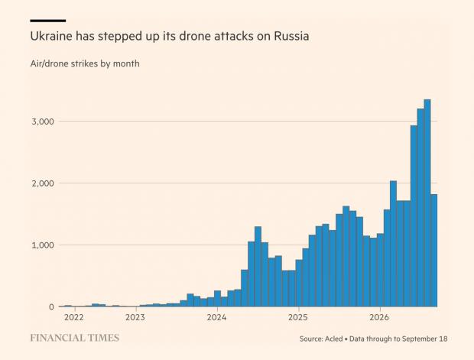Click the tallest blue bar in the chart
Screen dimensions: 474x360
click(427, 203)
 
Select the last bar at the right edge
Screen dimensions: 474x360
click(433, 251)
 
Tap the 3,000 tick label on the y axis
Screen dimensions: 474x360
click(43, 122)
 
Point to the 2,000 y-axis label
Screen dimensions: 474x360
click(43, 183)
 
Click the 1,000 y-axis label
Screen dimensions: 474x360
click(43, 245)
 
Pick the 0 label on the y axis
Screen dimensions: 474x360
click(51, 306)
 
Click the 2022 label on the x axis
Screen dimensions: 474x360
click(73, 317)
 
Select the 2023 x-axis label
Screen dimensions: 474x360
click(135, 317)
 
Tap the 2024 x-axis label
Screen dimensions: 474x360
click(217, 317)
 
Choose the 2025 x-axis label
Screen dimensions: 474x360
click(298, 317)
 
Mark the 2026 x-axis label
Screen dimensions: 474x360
click(380, 317)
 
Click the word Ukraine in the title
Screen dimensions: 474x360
click(51, 36)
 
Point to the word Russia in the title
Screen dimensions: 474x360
click(291, 36)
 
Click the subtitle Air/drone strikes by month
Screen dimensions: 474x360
click(85, 63)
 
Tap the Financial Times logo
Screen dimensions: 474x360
click(75, 338)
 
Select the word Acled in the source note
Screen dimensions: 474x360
click(334, 339)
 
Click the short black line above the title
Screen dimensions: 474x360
click(48, 21)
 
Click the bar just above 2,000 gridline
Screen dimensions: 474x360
click(393, 244)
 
